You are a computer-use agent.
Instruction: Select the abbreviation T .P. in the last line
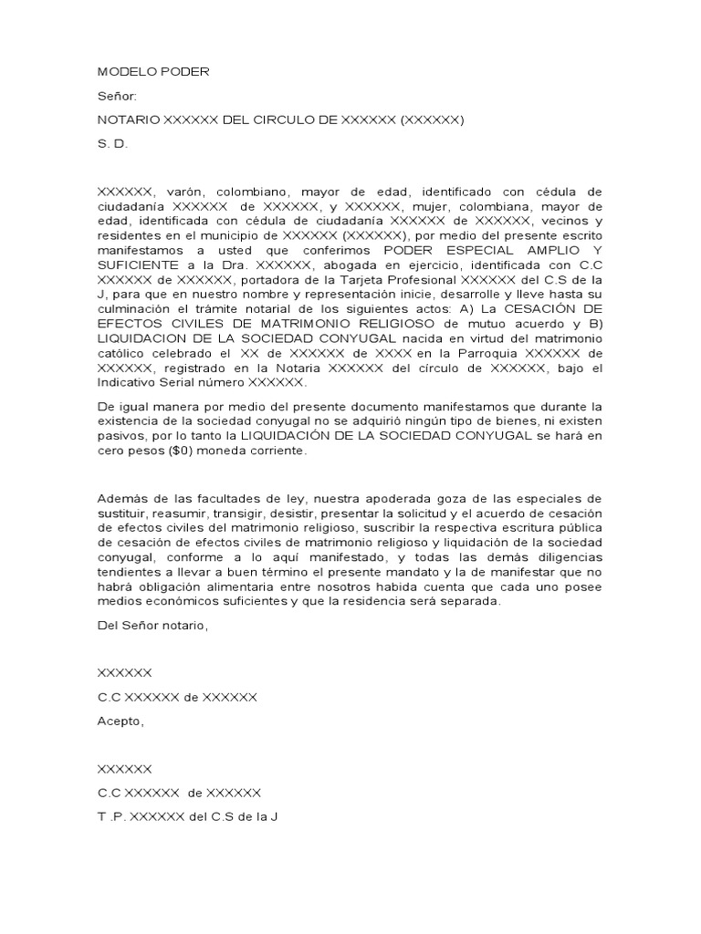[x=111, y=816]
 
